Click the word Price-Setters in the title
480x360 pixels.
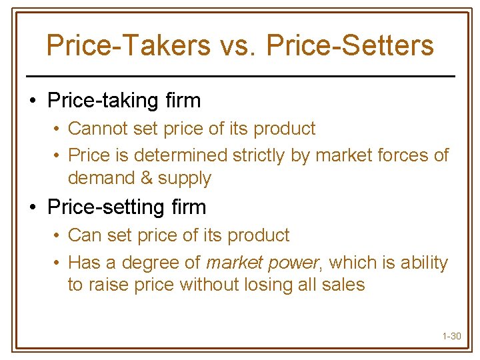(x=350, y=45)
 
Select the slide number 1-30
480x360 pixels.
(x=451, y=336)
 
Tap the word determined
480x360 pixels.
(x=181, y=155)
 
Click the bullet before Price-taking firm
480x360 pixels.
(x=32, y=101)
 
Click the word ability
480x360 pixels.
(x=424, y=263)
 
